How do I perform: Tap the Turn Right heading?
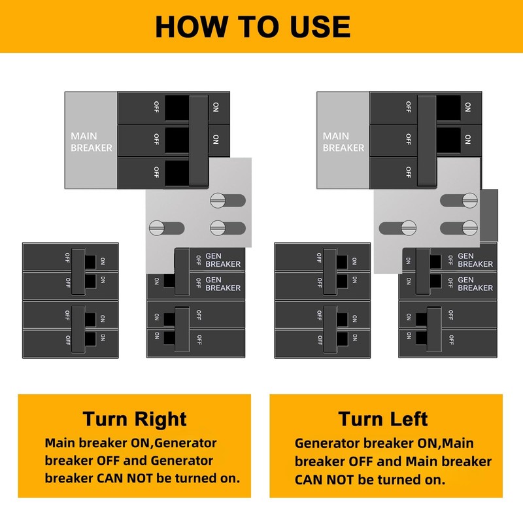coord(135,418)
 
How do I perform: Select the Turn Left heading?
coord(383,418)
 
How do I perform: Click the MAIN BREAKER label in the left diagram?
coord(92,142)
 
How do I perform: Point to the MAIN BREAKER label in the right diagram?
coord(343,142)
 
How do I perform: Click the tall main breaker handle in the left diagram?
coord(198,140)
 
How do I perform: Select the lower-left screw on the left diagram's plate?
coord(158,228)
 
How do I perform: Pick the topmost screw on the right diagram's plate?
coord(471,200)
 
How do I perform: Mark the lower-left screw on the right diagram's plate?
coord(409,228)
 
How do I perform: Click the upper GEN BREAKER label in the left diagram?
coord(222,260)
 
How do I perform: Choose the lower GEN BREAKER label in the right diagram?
coord(475,284)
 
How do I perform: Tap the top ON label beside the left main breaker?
coord(216,106)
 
